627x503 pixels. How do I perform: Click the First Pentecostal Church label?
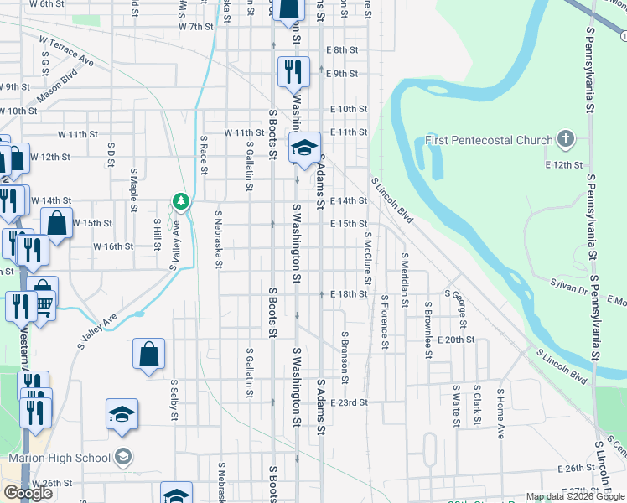pos(489,140)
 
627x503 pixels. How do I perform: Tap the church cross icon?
pos(566,139)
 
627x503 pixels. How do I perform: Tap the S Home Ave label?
pos(500,414)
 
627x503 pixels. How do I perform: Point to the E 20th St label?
pos(456,340)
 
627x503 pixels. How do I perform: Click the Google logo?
pos(28,493)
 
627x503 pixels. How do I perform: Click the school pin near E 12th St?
pos(304,148)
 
